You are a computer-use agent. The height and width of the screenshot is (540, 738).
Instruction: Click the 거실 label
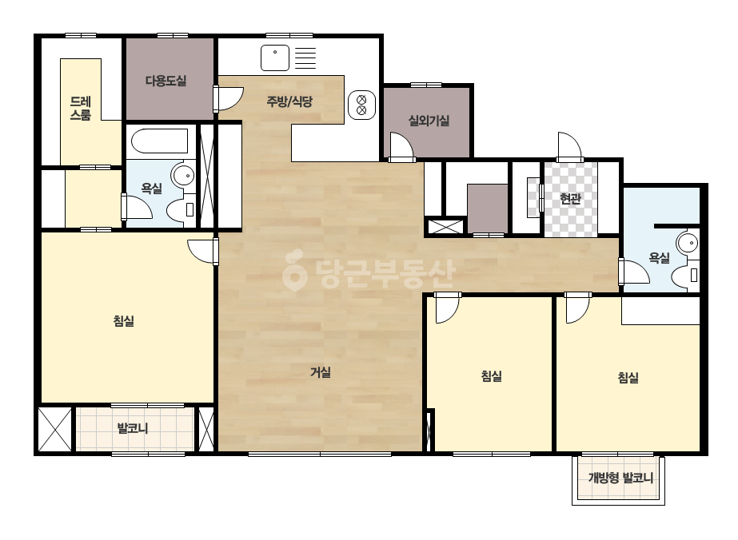click(x=321, y=372)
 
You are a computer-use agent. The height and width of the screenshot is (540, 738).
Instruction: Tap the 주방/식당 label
click(x=289, y=101)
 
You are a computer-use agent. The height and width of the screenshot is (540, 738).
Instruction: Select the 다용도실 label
click(x=166, y=81)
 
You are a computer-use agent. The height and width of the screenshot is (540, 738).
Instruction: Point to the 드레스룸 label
click(x=81, y=108)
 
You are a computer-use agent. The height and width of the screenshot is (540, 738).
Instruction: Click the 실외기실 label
click(x=429, y=121)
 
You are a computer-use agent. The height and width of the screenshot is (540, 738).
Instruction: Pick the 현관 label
click(x=570, y=199)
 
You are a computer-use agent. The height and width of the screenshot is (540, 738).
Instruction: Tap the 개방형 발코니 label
click(x=620, y=478)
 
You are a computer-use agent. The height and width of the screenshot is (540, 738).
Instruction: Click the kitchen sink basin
click(x=275, y=58)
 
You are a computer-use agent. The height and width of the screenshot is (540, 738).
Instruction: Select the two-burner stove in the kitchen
click(x=362, y=105)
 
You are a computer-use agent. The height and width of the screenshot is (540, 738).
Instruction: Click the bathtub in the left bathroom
click(x=160, y=141)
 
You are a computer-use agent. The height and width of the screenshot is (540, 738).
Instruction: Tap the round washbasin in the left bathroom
click(x=183, y=176)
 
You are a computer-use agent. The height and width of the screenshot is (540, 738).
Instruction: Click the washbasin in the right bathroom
click(x=688, y=244)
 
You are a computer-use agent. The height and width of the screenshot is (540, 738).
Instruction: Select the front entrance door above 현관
click(x=570, y=147)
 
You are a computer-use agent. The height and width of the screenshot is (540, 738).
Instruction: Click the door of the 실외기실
click(x=401, y=147)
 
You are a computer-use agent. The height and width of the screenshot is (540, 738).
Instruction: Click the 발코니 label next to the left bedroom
click(x=133, y=428)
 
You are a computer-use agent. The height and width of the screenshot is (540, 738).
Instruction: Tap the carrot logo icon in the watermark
click(x=294, y=270)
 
